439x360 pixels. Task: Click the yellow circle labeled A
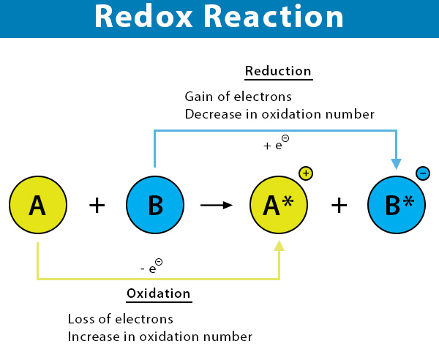click(x=38, y=205)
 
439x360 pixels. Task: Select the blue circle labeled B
click(x=155, y=205)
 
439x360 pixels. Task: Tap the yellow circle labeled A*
click(x=279, y=205)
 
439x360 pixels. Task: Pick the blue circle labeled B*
click(x=397, y=205)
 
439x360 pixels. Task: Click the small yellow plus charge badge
click(x=306, y=173)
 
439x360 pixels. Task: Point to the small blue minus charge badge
click(x=423, y=173)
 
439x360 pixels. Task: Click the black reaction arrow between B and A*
click(x=217, y=205)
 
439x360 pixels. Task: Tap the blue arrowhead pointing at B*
click(x=396, y=164)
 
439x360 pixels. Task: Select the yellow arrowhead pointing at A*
click(x=279, y=246)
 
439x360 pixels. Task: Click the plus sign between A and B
click(x=97, y=205)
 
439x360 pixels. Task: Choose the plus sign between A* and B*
click(x=339, y=205)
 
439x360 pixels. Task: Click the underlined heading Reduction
click(x=278, y=71)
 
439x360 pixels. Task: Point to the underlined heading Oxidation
click(x=159, y=293)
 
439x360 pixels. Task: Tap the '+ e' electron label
click(x=277, y=143)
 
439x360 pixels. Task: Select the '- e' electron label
click(x=151, y=266)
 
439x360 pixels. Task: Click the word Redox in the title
click(x=143, y=16)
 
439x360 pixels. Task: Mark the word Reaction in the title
click(x=274, y=16)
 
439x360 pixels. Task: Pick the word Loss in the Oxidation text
click(x=80, y=319)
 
